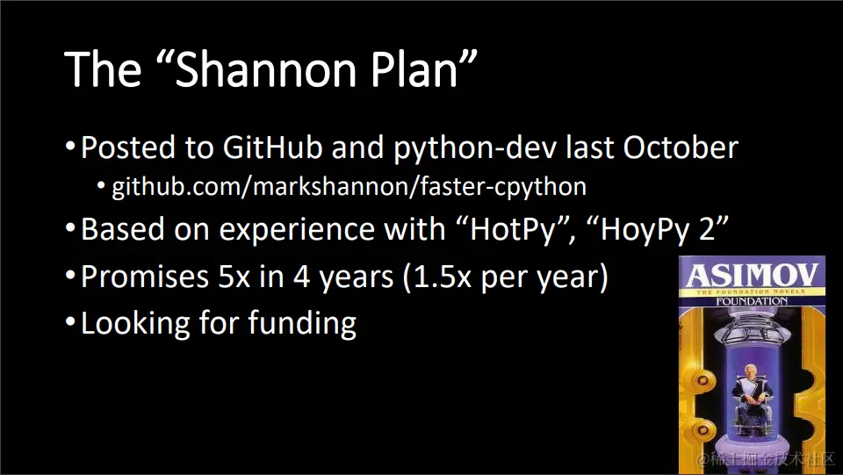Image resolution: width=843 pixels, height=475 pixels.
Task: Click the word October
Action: click(x=681, y=147)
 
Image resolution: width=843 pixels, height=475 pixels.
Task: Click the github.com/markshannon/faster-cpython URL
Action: click(x=349, y=187)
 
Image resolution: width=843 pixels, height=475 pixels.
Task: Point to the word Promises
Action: click(x=145, y=277)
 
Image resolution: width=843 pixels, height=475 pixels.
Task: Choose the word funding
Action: click(x=302, y=324)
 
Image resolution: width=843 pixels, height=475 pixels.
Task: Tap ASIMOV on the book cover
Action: click(x=753, y=275)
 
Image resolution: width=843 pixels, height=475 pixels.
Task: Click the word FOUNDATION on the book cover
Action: click(x=752, y=301)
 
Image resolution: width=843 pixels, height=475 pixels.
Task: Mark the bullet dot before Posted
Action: click(x=70, y=147)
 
